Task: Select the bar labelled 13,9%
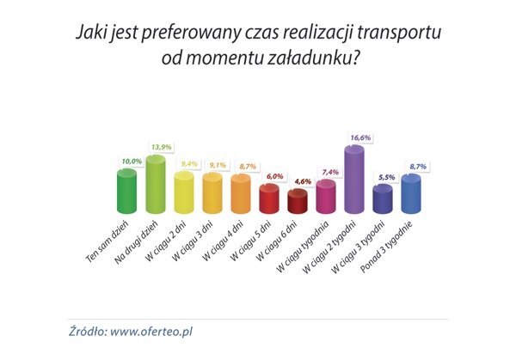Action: [155, 184]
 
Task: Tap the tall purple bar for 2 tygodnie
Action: [354, 180]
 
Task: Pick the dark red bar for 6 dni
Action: [298, 202]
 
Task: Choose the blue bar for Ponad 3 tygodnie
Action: [410, 192]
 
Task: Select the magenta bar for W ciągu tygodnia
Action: [326, 196]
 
